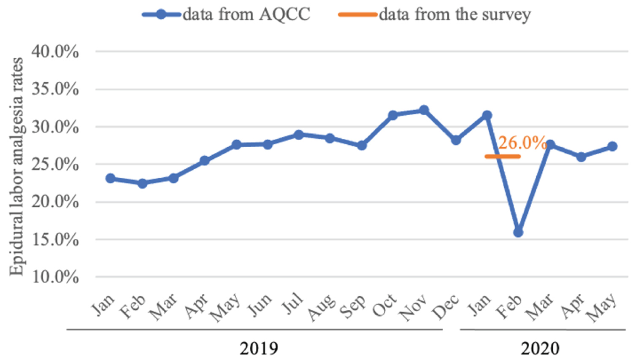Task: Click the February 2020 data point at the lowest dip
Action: click(x=518, y=232)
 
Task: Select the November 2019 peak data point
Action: click(x=424, y=110)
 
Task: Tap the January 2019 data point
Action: click(x=111, y=178)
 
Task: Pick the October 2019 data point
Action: click(x=392, y=115)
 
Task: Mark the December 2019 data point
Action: click(x=456, y=140)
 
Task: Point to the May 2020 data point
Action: click(x=612, y=146)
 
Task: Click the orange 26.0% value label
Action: click(x=522, y=143)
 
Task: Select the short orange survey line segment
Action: click(x=502, y=157)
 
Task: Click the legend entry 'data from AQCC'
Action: click(x=246, y=14)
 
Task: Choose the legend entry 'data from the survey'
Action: click(x=454, y=14)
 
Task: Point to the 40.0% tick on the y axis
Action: click(x=55, y=51)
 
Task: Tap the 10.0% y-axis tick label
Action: click(x=55, y=277)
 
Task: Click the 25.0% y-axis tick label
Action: click(x=55, y=164)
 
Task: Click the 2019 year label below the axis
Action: click(x=259, y=349)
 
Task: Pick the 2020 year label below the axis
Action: click(x=540, y=349)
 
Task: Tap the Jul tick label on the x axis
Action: click(x=293, y=304)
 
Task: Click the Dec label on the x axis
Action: click(x=446, y=307)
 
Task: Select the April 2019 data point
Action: click(x=205, y=160)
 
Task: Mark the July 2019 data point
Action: click(x=299, y=135)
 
